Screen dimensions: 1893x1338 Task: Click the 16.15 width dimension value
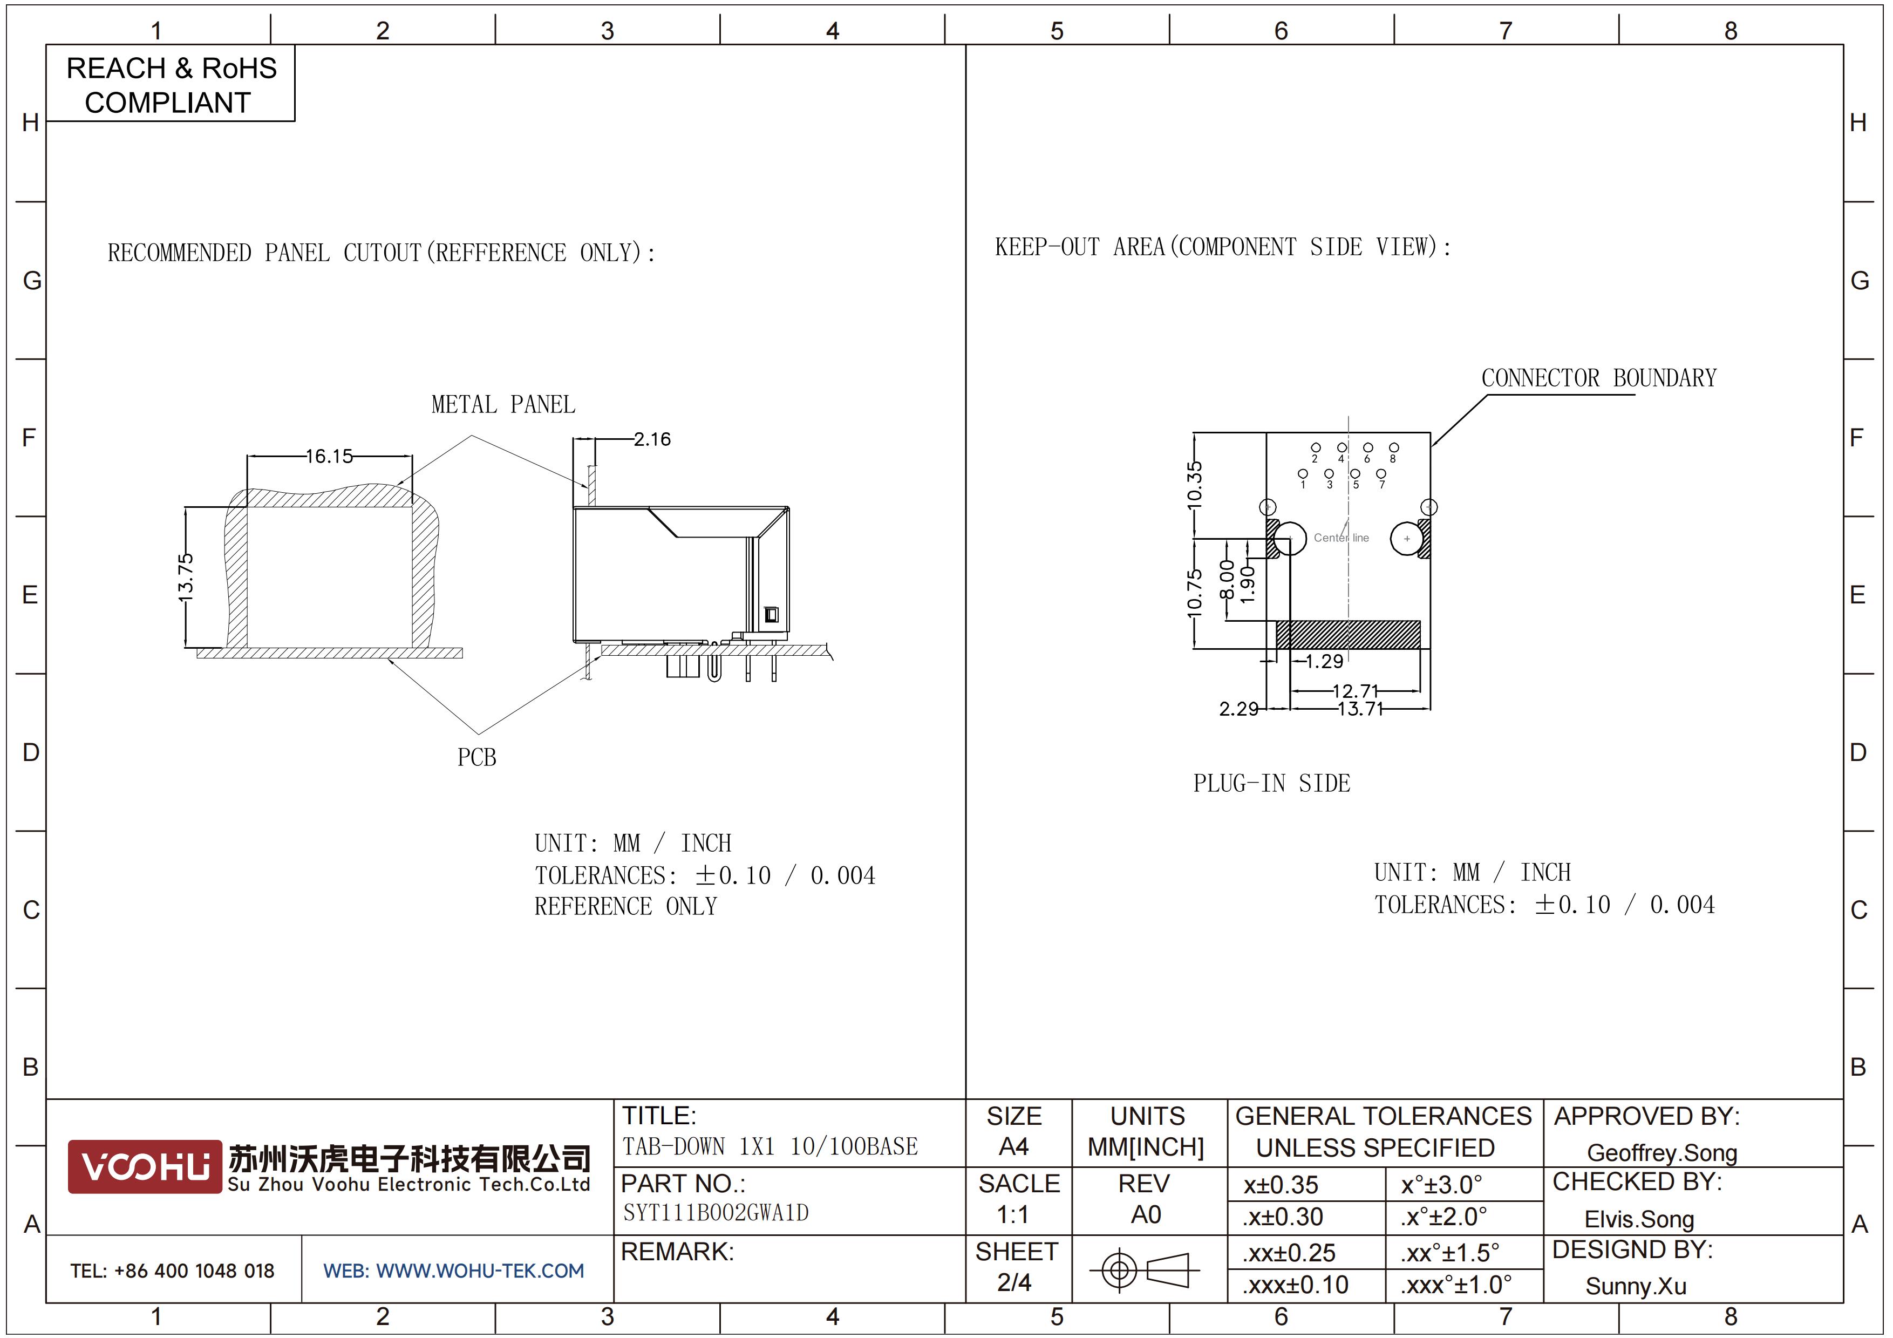coord(329,456)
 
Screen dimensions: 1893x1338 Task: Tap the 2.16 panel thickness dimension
coord(652,439)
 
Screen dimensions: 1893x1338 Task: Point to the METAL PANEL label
coord(503,405)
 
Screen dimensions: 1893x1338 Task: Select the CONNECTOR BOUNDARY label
coord(1599,378)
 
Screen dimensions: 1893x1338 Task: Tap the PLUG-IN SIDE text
coord(1271,783)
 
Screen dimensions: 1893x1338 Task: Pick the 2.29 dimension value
coord(1238,709)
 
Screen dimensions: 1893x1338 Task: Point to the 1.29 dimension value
coord(1324,661)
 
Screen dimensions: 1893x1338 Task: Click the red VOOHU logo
coord(145,1166)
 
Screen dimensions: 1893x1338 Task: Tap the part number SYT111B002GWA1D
coord(716,1213)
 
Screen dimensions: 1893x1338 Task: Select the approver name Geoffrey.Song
coord(1662,1153)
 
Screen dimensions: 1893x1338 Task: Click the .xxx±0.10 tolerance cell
coord(1295,1285)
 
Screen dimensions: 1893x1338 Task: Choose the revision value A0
coord(1146,1214)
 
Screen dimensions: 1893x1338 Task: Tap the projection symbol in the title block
coord(1145,1269)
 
